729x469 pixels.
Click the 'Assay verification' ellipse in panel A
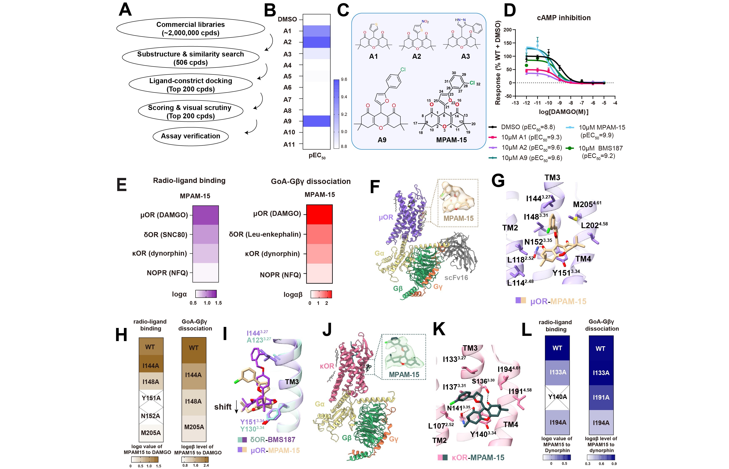click(x=191, y=136)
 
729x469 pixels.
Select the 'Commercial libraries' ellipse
click(x=191, y=29)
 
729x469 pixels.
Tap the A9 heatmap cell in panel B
click(x=317, y=121)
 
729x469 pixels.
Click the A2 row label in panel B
click(x=287, y=42)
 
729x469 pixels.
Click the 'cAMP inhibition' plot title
click(x=564, y=18)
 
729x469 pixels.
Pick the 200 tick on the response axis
click(x=508, y=30)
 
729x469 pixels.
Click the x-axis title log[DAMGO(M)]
click(x=563, y=112)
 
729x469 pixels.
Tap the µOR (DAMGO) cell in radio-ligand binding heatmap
click(x=206, y=215)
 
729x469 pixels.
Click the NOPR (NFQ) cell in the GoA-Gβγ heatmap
click(x=319, y=273)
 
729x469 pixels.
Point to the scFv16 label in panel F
click(x=456, y=278)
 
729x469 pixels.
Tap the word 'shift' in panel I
click(x=223, y=407)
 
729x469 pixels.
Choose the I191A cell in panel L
click(x=601, y=398)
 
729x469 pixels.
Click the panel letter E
click(x=122, y=185)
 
